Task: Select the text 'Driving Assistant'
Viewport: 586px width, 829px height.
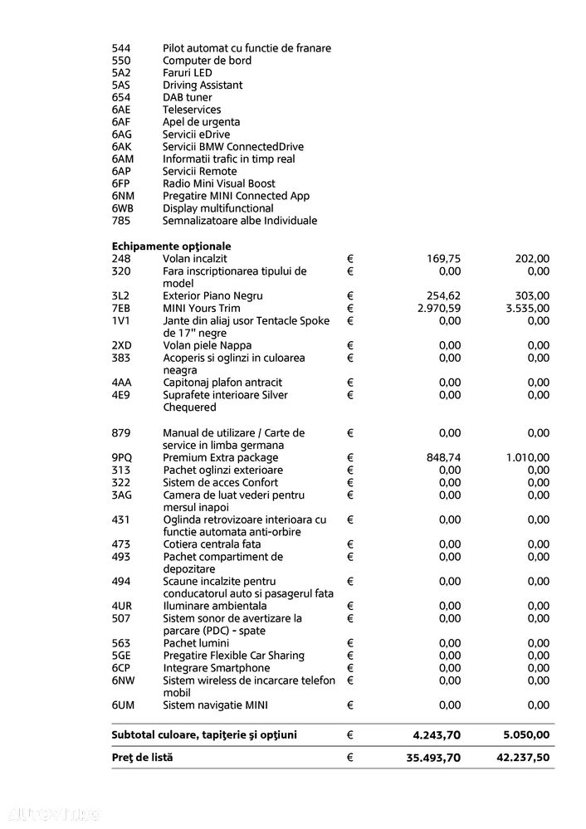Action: (203, 85)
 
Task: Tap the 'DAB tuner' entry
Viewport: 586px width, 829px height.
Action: (188, 98)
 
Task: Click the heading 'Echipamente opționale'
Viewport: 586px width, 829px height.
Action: (172, 246)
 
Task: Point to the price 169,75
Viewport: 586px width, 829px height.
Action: (444, 259)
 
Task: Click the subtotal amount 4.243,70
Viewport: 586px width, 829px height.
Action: (437, 735)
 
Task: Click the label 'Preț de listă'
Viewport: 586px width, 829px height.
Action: (143, 758)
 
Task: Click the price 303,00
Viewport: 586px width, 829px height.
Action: (532, 296)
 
